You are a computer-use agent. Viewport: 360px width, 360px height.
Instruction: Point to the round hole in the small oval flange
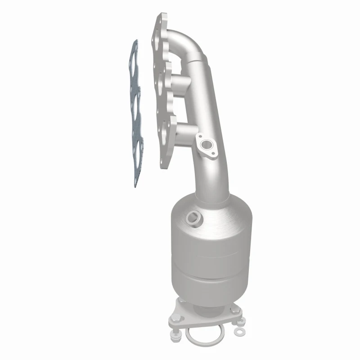tap(207, 145)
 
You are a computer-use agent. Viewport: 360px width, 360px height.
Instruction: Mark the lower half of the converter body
tap(209, 281)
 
